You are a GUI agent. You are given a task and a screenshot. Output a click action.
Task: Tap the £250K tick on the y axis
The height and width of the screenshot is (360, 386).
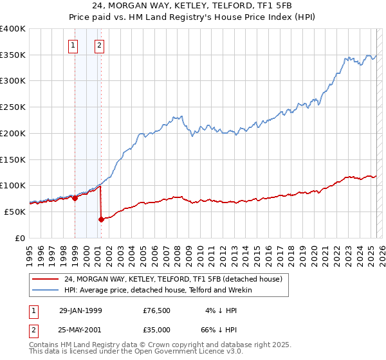pos(13,107)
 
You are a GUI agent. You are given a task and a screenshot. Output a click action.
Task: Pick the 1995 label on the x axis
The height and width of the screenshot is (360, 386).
pos(30,252)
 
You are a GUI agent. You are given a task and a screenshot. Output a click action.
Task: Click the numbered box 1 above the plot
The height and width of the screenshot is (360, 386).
pos(73,46)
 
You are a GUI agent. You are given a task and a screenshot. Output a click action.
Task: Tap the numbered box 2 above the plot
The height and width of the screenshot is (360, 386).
pos(100,46)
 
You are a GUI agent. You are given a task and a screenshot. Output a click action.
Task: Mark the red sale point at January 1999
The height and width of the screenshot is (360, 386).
pos(75,198)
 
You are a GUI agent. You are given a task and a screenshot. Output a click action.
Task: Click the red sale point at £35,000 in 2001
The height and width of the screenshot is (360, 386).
pos(102,219)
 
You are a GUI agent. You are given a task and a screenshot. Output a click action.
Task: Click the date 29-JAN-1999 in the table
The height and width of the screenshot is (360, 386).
pos(80,310)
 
